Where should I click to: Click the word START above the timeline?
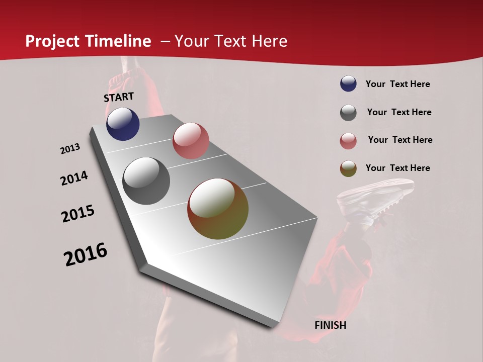click(119, 97)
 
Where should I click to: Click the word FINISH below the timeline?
click(330, 325)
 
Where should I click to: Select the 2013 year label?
click(70, 149)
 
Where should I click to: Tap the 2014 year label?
click(74, 178)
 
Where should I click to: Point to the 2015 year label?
click(78, 213)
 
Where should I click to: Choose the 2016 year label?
click(86, 254)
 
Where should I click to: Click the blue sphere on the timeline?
click(123, 124)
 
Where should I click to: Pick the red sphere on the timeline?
click(191, 141)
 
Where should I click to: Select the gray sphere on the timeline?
click(146, 181)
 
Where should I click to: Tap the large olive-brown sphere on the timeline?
click(218, 209)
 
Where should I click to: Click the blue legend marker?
click(348, 84)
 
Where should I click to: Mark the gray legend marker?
click(348, 113)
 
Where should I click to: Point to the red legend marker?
click(348, 141)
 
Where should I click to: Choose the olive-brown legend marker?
click(348, 169)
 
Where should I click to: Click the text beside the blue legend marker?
click(397, 84)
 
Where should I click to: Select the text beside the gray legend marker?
click(399, 112)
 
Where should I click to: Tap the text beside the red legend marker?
click(400, 140)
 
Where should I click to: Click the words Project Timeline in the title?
click(88, 41)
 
